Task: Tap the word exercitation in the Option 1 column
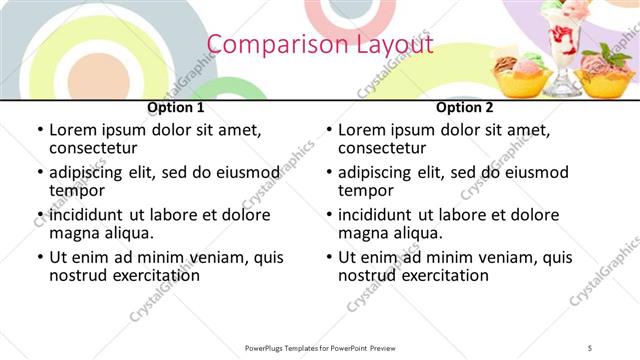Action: tap(143, 275)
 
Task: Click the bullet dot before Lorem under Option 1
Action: tap(39, 131)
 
